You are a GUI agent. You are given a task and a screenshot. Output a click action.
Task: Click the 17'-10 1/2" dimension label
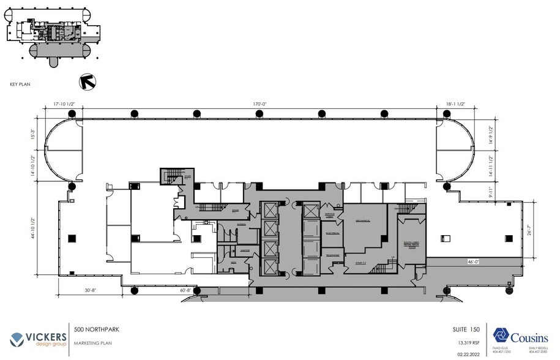click(x=64, y=104)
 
